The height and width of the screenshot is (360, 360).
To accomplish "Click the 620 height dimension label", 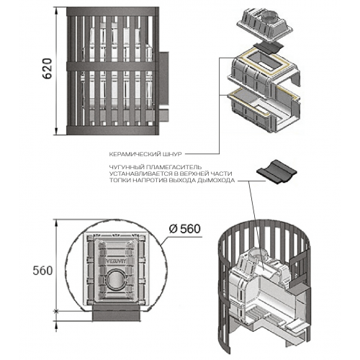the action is (47, 68).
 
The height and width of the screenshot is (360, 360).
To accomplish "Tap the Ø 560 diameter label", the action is (184, 229).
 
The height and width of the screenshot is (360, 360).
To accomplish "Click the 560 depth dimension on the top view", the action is (42, 271).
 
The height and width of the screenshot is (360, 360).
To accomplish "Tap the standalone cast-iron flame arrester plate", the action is (276, 171).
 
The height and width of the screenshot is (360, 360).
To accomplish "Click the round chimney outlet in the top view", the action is (115, 280).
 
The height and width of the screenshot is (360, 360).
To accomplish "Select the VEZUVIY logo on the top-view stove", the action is (115, 261).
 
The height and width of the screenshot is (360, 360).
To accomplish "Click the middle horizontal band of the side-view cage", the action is (112, 66).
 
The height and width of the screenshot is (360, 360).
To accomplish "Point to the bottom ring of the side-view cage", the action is (112, 130).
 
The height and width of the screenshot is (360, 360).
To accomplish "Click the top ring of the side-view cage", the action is (112, 12).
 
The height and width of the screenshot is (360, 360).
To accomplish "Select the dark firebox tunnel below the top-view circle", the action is (116, 313).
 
